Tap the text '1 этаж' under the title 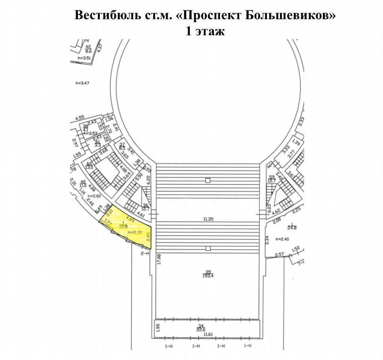tap(205, 31)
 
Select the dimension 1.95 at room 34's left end tap(158, 327)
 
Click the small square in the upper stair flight tap(208, 180)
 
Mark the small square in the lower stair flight tap(208, 248)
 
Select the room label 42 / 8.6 tap(89, 49)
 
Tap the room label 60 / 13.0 tap(90, 166)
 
